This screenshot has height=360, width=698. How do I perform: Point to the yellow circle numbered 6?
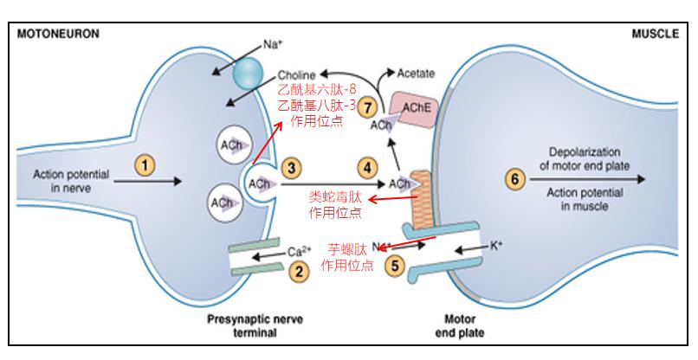[516, 179]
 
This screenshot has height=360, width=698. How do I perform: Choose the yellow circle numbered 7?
[370, 107]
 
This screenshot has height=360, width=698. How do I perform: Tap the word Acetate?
[416, 74]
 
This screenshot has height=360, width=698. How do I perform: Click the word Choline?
[296, 75]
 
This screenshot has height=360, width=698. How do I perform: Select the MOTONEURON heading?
[55, 33]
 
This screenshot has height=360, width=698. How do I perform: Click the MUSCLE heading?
[656, 33]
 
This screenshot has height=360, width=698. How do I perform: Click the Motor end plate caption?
[458, 325]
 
